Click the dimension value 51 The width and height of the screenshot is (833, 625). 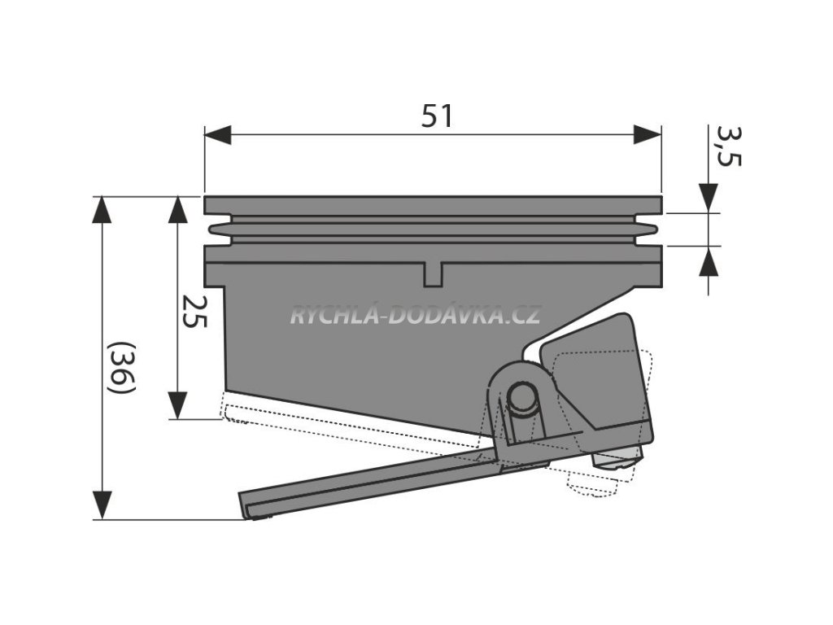click(x=437, y=117)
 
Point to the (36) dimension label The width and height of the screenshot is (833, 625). click(x=121, y=367)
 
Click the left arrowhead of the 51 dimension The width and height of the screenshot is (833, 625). click(x=217, y=135)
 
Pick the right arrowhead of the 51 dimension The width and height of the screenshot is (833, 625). click(x=648, y=135)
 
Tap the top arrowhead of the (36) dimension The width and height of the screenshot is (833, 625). click(x=101, y=209)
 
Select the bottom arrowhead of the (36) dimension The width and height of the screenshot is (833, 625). click(x=101, y=505)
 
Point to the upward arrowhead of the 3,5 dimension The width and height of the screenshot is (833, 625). click(x=709, y=260)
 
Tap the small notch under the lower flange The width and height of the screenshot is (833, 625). click(x=433, y=274)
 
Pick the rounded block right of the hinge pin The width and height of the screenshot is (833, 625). click(x=598, y=374)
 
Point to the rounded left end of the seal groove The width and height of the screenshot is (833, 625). click(x=214, y=229)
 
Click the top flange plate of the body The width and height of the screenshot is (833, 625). click(x=433, y=205)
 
